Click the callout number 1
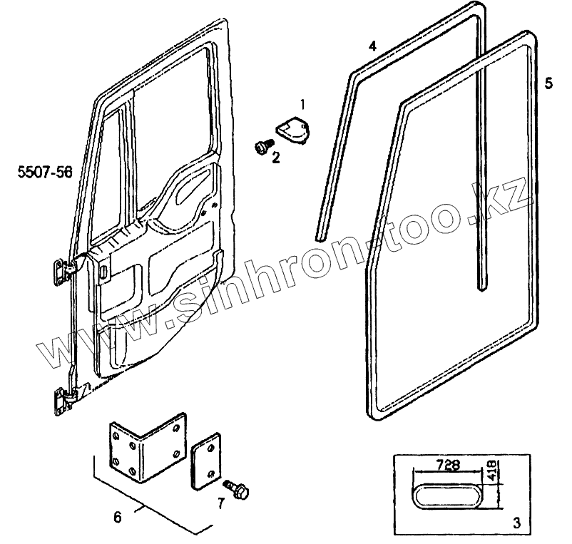(x=303, y=105)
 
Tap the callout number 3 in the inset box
(x=516, y=523)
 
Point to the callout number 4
(x=372, y=47)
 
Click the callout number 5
(x=548, y=83)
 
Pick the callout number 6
(x=118, y=517)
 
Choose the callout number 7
(x=221, y=504)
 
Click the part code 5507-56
(x=46, y=172)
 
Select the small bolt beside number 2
(x=260, y=147)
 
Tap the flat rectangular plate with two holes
(x=205, y=464)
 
